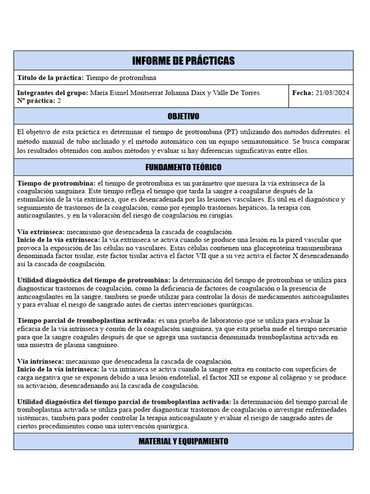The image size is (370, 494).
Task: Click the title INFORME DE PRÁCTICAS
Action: click(183, 60)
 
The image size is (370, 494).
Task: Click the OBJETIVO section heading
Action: click(183, 116)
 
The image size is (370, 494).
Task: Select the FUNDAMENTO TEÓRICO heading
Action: click(183, 167)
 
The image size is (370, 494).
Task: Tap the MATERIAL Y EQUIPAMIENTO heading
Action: click(183, 441)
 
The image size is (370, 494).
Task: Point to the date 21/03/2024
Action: click(332, 93)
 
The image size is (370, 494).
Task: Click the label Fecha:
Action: click(303, 93)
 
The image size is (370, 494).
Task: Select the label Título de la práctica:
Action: click(51, 77)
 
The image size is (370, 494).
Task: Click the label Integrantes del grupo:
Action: click(53, 93)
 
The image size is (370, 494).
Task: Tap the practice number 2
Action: click(59, 100)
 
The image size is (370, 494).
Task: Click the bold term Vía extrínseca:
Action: click(41, 232)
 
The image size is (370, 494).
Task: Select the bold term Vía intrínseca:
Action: click(40, 361)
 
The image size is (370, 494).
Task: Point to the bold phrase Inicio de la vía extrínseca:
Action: click(58, 239)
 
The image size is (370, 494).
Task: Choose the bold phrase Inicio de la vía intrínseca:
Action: click(58, 369)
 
